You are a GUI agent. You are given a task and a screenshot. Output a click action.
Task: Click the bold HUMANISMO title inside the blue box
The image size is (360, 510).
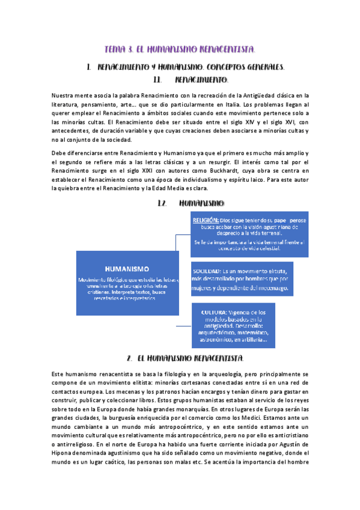127,268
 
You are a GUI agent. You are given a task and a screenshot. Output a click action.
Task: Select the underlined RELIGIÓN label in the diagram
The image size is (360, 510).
206,221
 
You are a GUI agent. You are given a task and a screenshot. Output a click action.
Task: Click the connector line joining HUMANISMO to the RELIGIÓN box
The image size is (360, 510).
175,242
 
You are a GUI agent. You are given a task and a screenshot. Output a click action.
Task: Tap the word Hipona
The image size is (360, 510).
64,452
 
